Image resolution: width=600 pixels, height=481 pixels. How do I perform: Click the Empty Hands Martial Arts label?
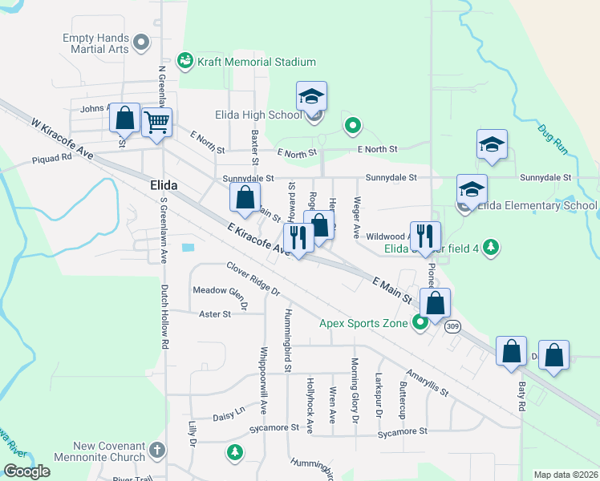95,43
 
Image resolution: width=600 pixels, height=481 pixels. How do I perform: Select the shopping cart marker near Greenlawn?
156,123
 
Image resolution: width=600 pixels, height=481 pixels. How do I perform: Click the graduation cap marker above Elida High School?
311,97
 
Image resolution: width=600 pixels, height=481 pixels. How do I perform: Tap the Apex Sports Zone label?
364,324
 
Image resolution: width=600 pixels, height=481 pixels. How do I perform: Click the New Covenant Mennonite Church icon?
157,449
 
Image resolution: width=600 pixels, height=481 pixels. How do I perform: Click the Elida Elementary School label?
537,206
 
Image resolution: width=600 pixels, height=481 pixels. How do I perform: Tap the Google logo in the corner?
27,471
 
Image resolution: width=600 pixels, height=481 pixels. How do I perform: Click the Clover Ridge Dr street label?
252,277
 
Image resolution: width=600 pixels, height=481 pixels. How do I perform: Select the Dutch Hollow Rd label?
164,317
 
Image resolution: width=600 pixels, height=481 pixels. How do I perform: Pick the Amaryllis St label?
427,378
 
